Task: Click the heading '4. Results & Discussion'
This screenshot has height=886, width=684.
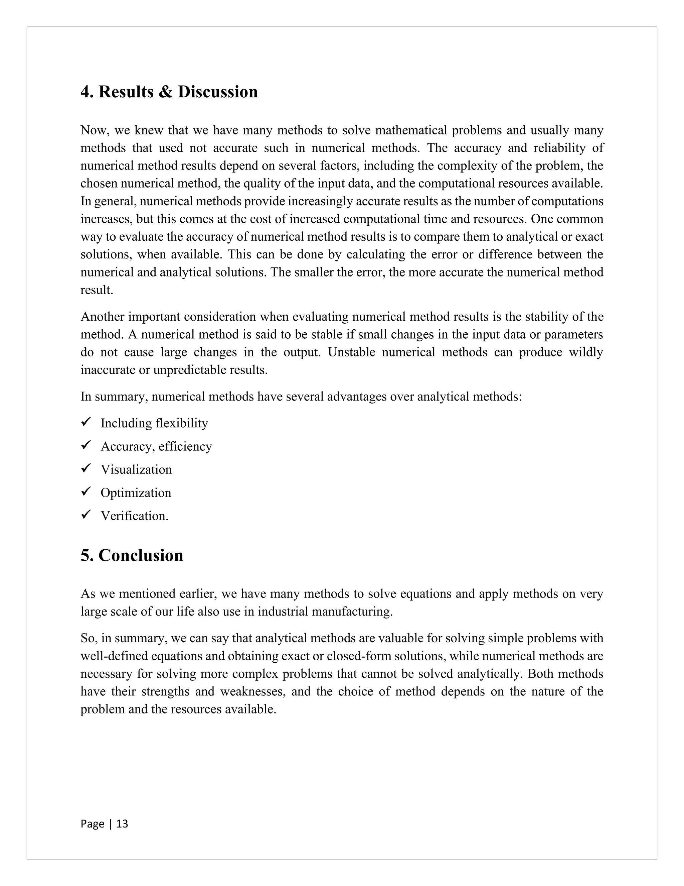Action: click(x=169, y=92)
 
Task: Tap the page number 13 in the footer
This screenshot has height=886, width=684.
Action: click(x=122, y=824)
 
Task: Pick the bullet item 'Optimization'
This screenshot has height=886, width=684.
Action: click(x=136, y=492)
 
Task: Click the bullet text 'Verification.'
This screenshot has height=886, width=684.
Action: click(x=134, y=516)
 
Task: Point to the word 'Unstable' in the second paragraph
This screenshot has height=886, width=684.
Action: click(x=351, y=352)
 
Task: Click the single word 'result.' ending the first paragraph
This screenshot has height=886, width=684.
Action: click(x=97, y=290)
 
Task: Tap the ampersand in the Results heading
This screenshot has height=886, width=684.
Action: click(x=165, y=92)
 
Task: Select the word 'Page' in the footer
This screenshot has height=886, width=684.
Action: click(x=93, y=824)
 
